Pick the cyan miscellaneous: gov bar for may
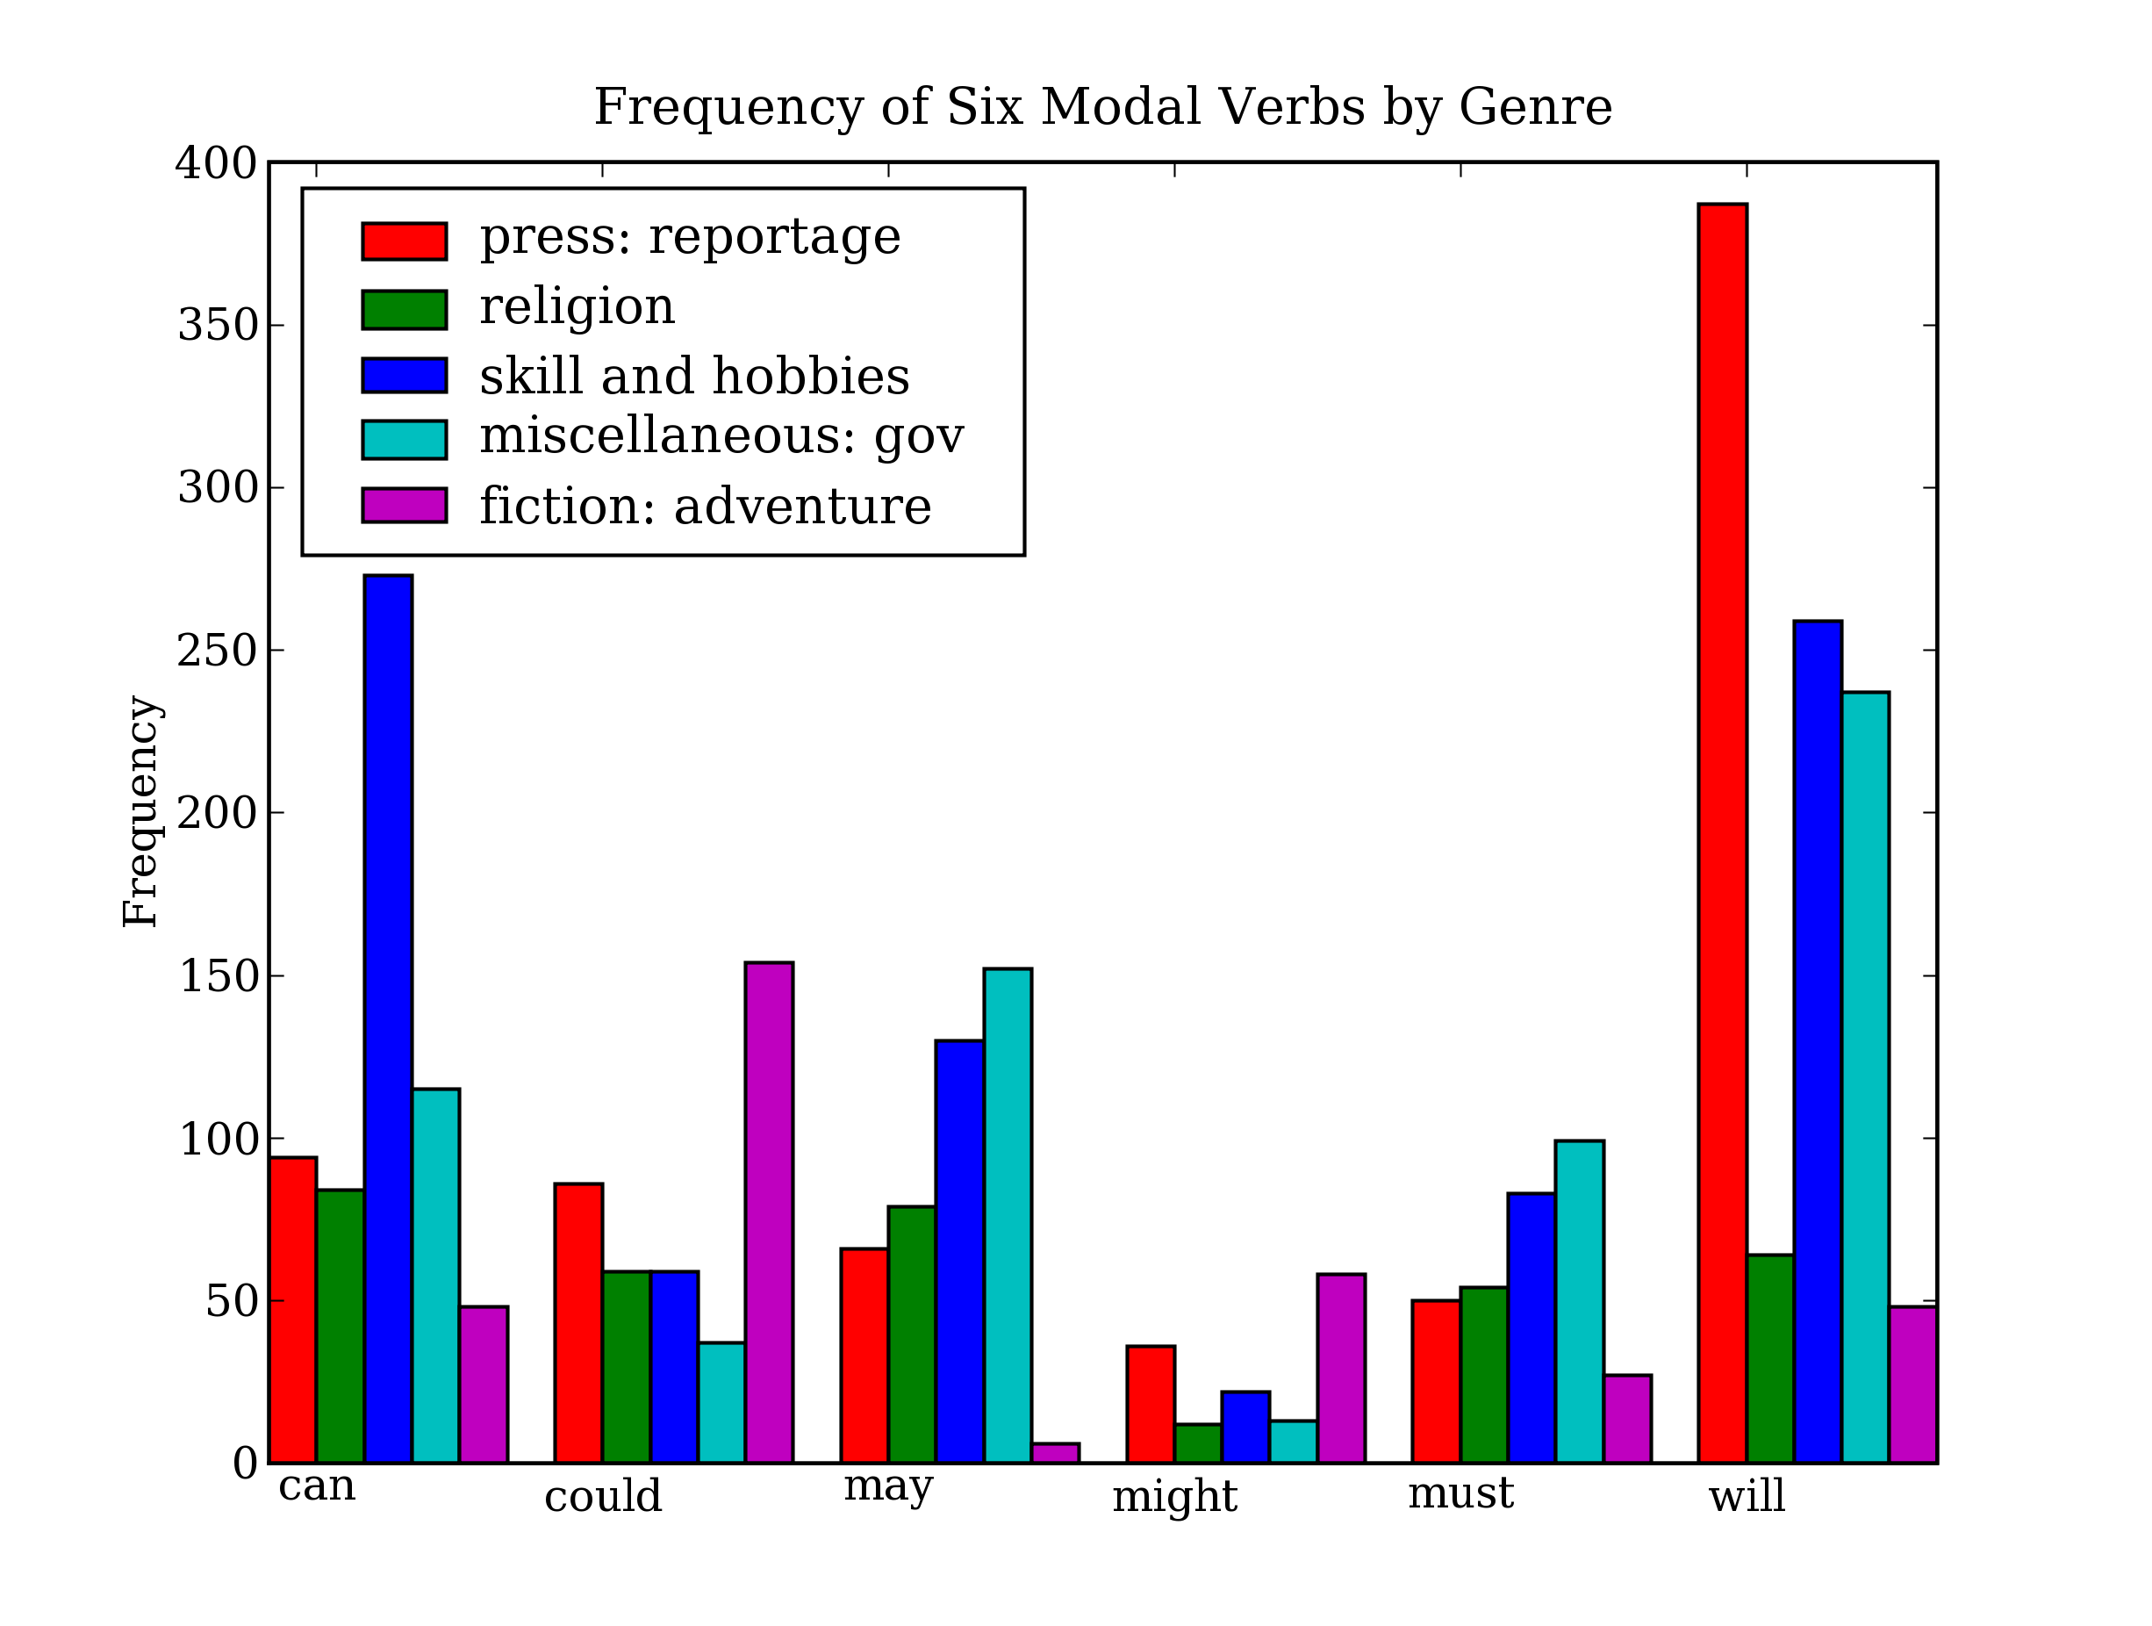click(1007, 1215)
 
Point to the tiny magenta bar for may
click(1056, 1453)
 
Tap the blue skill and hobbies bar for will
click(1818, 1041)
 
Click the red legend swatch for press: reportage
click(404, 241)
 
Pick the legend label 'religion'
click(577, 306)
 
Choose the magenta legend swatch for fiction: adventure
click(404, 506)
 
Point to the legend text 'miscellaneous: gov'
click(721, 437)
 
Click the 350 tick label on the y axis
click(216, 326)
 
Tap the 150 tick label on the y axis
click(216, 976)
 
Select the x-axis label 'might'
click(1174, 1497)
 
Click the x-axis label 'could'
click(602, 1497)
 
